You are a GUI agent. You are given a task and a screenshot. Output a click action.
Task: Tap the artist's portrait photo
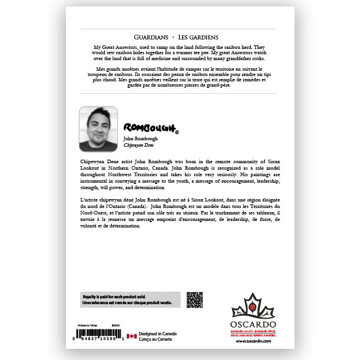pos(98,128)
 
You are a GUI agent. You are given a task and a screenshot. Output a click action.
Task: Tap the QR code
pos(194,300)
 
